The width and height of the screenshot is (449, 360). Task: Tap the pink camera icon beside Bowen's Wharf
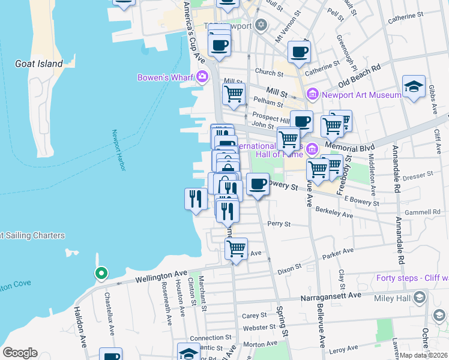tap(202, 76)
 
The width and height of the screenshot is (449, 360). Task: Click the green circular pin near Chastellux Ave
tap(101, 274)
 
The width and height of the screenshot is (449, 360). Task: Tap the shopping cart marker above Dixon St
tap(236, 247)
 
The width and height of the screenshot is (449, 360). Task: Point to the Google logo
tap(20, 352)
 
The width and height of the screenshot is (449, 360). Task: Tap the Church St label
tap(269, 73)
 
